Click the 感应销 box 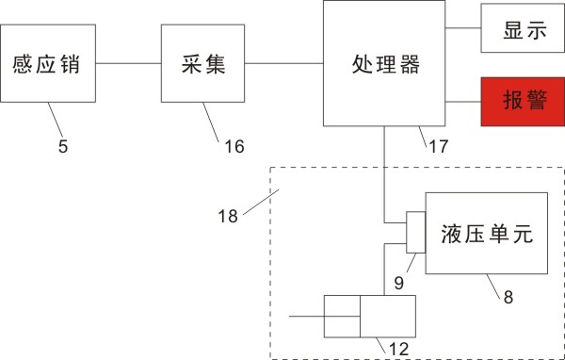click(48, 63)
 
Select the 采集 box click(202, 63)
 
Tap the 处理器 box click(384, 63)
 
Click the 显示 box click(523, 28)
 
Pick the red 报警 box click(523, 102)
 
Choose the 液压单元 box click(487, 234)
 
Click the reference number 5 click(63, 147)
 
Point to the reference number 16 click(234, 147)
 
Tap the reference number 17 click(439, 146)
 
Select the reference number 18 click(228, 217)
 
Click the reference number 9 click(399, 283)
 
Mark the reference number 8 click(508, 298)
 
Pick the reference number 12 click(399, 350)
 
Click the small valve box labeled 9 click(416, 233)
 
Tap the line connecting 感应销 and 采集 click(128, 63)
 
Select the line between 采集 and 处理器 click(284, 63)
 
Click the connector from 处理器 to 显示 click(463, 27)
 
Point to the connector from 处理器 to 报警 click(463, 102)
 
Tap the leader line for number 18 click(261, 202)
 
